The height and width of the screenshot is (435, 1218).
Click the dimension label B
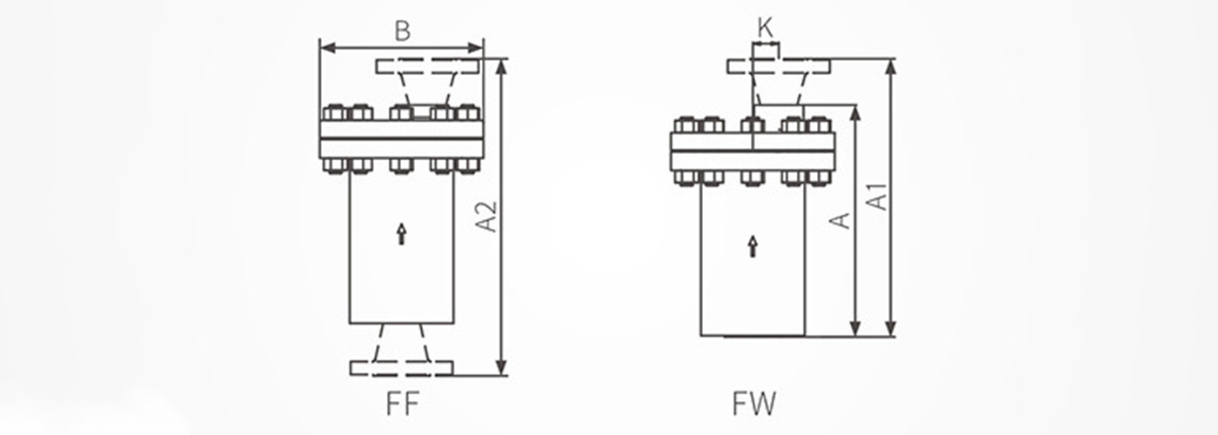pyautogui.click(x=402, y=31)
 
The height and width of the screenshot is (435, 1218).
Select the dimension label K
pyautogui.click(x=765, y=28)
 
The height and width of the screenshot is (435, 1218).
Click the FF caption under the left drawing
pyautogui.click(x=402, y=404)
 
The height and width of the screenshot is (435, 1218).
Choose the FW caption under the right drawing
pyautogui.click(x=754, y=404)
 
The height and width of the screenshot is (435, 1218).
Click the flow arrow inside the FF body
pyautogui.click(x=401, y=234)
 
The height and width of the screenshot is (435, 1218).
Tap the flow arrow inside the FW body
pyautogui.click(x=753, y=246)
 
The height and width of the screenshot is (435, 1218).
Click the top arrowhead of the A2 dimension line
pyautogui.click(x=502, y=66)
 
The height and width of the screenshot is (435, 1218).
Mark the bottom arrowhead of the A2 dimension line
pyautogui.click(x=502, y=367)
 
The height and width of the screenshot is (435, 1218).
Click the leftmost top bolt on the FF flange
pyautogui.click(x=334, y=112)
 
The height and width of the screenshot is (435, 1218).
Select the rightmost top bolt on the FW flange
pyautogui.click(x=819, y=124)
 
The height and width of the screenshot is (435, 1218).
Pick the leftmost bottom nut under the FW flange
pyautogui.click(x=686, y=177)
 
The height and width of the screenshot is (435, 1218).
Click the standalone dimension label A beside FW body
pyautogui.click(x=840, y=220)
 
